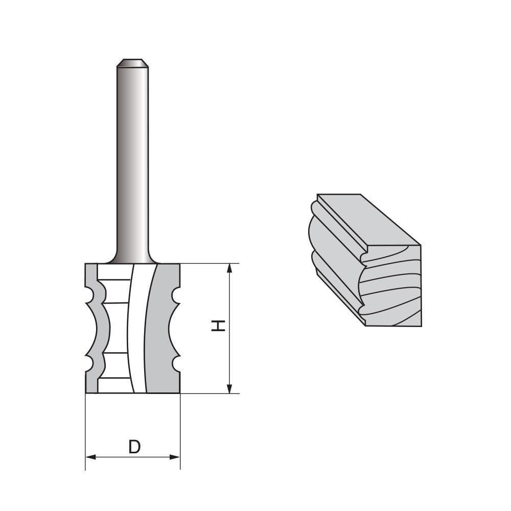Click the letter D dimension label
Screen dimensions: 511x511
pos(134,447)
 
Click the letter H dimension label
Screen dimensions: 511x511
pos(219,326)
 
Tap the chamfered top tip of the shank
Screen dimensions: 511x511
pos(132,63)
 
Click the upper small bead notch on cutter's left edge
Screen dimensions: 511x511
pos(89,295)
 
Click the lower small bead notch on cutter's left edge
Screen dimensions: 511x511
pos(89,363)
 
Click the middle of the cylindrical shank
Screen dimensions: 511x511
pos(132,164)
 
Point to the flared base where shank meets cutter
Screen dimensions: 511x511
pos(132,259)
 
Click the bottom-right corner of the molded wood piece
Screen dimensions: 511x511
pos(421,325)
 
